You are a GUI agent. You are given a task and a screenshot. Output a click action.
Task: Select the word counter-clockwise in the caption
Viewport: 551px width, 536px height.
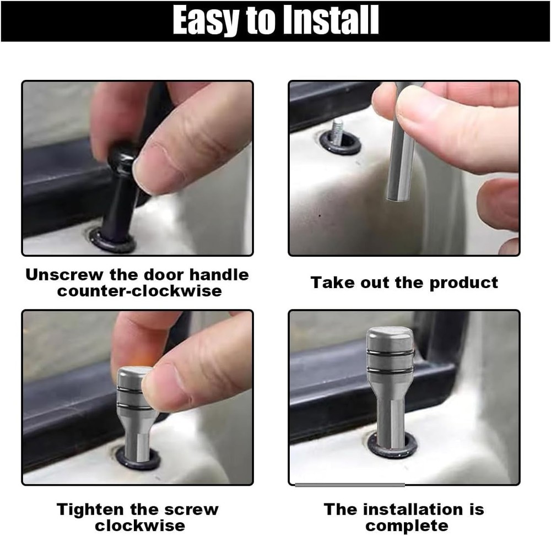[x=139, y=291]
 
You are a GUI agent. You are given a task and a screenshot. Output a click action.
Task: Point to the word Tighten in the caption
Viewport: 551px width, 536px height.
[x=90, y=510]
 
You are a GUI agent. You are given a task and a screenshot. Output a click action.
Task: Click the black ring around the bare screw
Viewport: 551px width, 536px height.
[x=340, y=144]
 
